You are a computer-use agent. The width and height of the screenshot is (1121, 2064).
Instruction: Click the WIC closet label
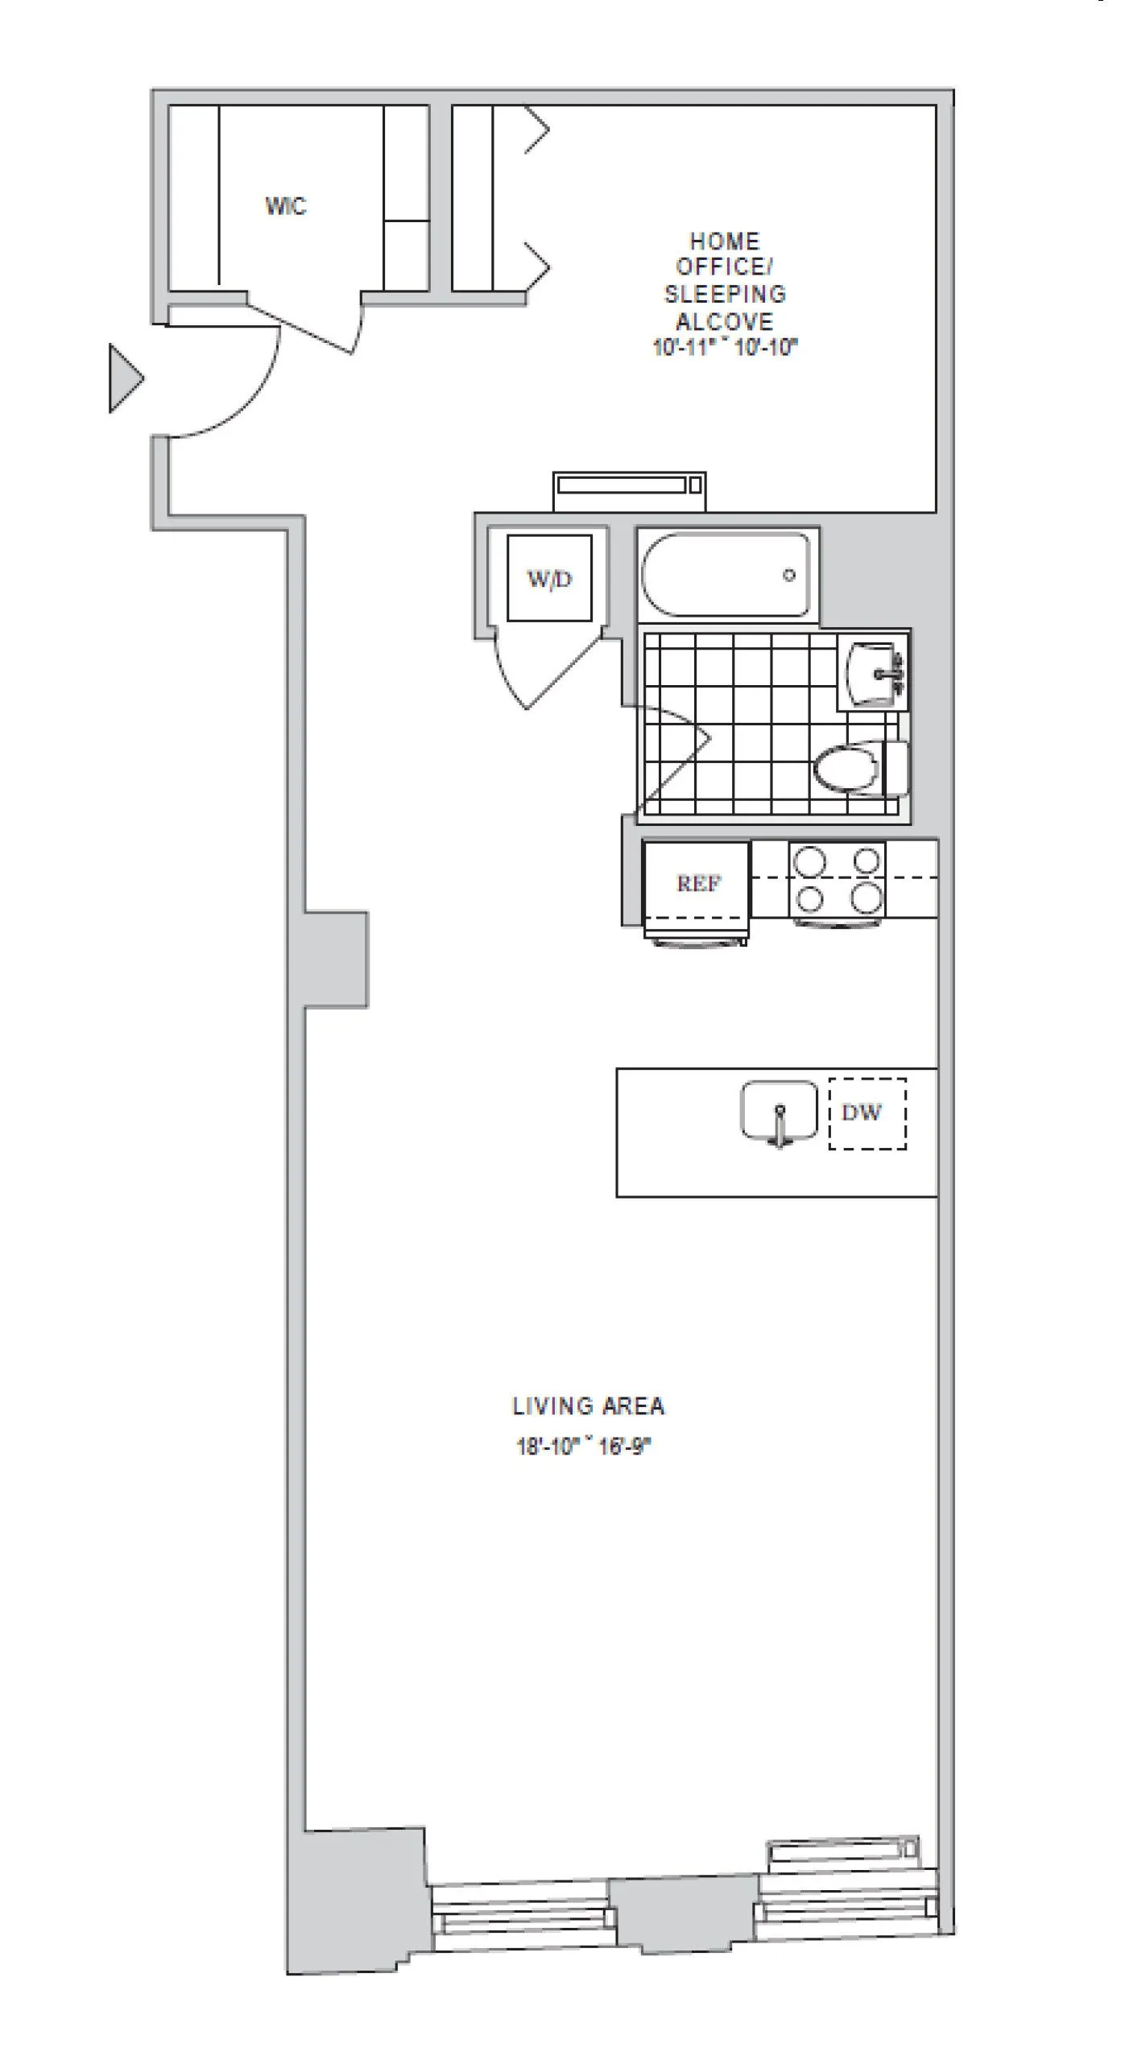286,206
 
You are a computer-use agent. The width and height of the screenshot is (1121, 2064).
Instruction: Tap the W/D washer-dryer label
549,579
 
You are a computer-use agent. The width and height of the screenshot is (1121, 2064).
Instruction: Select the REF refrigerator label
698,883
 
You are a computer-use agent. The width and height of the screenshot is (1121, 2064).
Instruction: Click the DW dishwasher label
862,1112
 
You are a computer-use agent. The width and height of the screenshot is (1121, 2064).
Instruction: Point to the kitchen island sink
778,1112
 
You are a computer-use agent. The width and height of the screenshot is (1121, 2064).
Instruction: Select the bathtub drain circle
789,575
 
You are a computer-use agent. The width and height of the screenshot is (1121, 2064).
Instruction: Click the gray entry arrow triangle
125,378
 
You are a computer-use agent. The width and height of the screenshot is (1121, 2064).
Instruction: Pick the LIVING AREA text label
589,1406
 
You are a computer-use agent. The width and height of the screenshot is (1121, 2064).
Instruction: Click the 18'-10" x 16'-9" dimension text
583,1447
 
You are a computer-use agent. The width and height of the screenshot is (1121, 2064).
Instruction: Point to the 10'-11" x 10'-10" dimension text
725,348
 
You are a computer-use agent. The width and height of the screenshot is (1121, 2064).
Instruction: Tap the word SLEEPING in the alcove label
725,294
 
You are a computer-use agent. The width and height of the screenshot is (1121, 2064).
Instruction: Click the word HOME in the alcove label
725,241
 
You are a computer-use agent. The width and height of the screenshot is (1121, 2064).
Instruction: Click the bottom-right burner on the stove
867,897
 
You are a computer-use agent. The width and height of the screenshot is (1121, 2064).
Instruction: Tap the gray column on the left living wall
336,959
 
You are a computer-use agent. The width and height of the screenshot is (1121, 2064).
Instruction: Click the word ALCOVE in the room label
725,321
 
